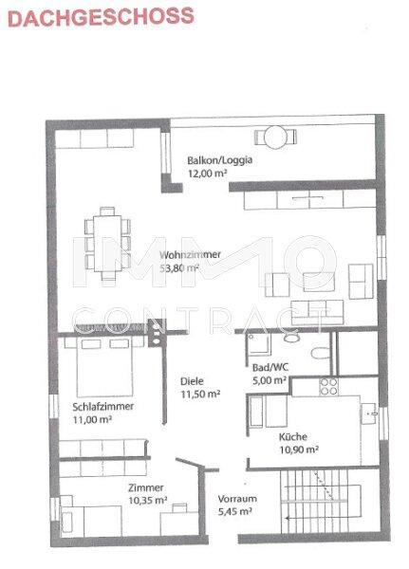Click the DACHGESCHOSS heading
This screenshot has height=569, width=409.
coord(101,17)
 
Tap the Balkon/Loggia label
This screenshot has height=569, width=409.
coord(220,160)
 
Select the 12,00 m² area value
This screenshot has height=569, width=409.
coord(208,174)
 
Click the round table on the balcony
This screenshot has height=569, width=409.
coord(276,137)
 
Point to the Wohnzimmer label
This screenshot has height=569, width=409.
coord(190,254)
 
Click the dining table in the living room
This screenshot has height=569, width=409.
coord(107,243)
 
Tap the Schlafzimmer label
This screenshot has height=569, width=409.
coord(103,407)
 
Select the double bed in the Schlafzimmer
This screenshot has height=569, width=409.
coord(104,366)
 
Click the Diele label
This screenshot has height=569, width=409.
coord(192,381)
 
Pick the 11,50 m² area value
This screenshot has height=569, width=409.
coord(200,395)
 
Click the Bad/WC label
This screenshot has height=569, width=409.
coord(270,367)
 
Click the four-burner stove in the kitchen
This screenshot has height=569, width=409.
coord(328,387)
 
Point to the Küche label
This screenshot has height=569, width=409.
coord(293,436)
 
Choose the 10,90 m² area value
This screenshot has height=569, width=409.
coord(299,450)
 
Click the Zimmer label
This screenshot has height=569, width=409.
coord(145,487)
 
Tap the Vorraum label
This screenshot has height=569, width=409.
coord(237,499)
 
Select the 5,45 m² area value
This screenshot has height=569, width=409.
coord(235,512)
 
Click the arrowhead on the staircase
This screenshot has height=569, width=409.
coord(288,517)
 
